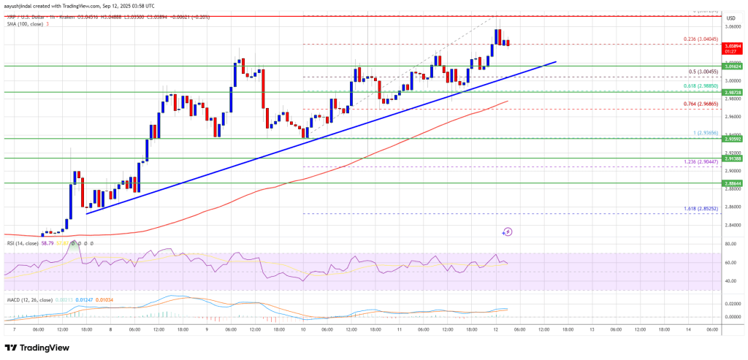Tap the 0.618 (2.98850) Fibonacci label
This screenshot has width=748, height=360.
click(698, 85)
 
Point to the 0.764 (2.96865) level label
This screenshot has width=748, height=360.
click(698, 105)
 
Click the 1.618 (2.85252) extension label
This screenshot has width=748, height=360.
click(698, 209)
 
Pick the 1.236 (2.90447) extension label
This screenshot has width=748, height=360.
click(698, 162)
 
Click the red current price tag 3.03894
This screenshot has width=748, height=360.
click(732, 45)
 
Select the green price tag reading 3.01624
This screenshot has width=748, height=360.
click(732, 66)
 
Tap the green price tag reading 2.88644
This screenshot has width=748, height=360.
click(732, 184)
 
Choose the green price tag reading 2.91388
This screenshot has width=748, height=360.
click(732, 158)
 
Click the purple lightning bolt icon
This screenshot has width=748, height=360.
click(508, 231)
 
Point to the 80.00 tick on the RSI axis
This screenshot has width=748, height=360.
click(730, 244)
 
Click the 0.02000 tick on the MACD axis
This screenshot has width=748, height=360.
click(732, 303)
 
